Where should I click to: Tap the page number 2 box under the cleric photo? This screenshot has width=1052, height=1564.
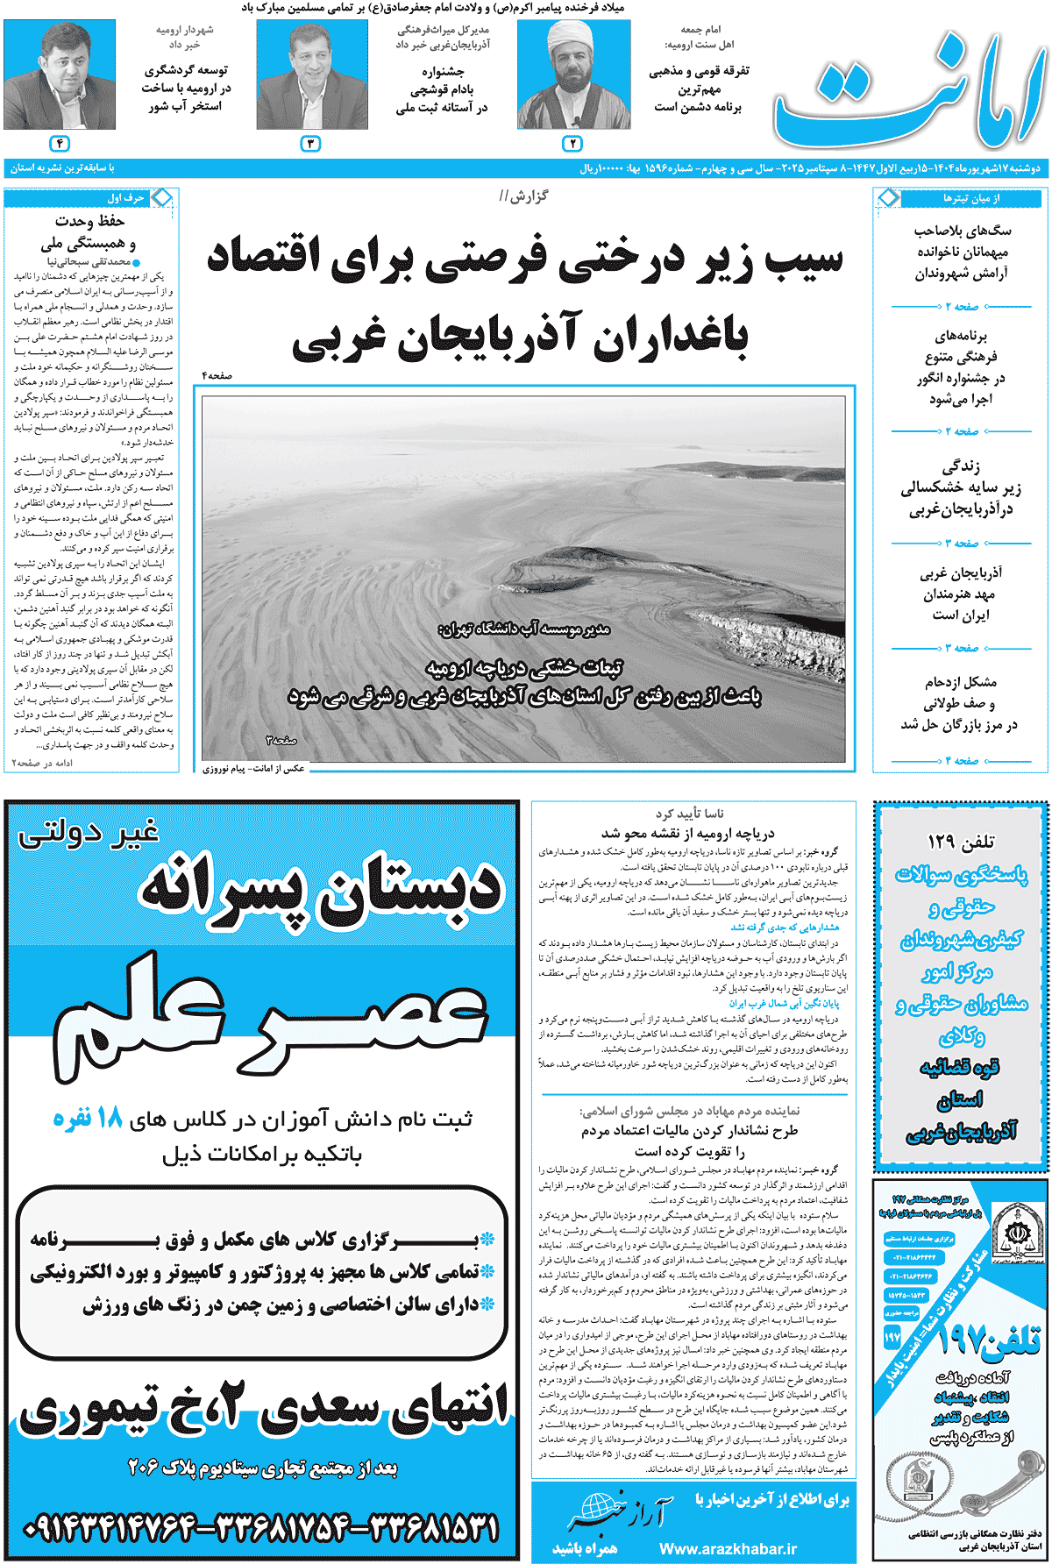coord(572,144)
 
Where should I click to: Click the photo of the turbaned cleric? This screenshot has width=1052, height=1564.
coord(573,76)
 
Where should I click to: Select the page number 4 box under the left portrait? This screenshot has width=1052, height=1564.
coord(60,144)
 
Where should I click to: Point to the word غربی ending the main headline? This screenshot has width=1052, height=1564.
coord(338,338)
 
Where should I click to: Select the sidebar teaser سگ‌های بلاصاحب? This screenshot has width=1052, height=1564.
coord(962,231)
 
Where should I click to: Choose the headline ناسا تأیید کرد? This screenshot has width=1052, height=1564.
coord(690,814)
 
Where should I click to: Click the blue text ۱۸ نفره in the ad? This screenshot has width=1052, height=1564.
coord(88,1118)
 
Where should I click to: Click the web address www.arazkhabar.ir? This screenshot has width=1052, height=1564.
coord(728,1548)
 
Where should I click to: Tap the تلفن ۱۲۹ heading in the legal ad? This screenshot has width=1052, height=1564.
coord(961,842)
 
